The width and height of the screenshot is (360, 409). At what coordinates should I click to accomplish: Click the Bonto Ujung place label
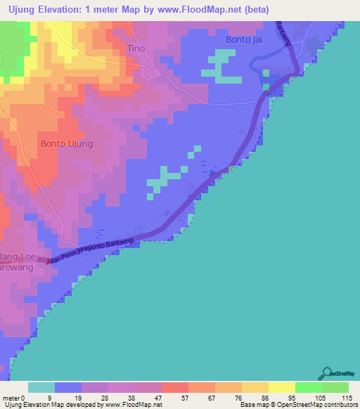click(x=67, y=143)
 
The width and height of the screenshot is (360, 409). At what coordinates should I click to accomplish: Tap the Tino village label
click(x=136, y=48)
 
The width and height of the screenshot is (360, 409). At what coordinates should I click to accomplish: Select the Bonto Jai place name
click(x=245, y=39)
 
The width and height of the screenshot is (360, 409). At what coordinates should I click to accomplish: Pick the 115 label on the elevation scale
click(x=346, y=397)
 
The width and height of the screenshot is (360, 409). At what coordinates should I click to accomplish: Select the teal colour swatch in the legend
click(x=41, y=387)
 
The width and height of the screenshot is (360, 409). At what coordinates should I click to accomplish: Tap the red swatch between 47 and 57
click(x=174, y=387)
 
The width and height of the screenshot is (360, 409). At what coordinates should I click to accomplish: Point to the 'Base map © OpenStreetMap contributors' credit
click(x=297, y=405)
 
